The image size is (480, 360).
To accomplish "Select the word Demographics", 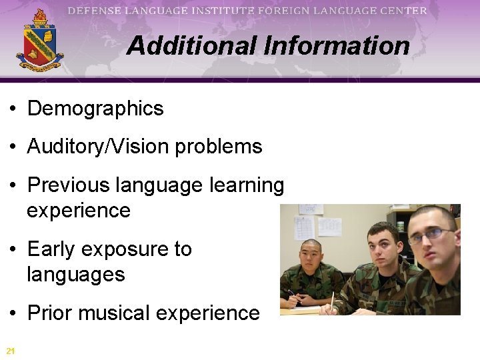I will click(95, 109).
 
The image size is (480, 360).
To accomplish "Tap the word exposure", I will click(118, 249).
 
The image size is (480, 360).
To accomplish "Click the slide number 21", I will click(10, 351).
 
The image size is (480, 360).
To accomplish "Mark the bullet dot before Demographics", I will click(13, 109).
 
